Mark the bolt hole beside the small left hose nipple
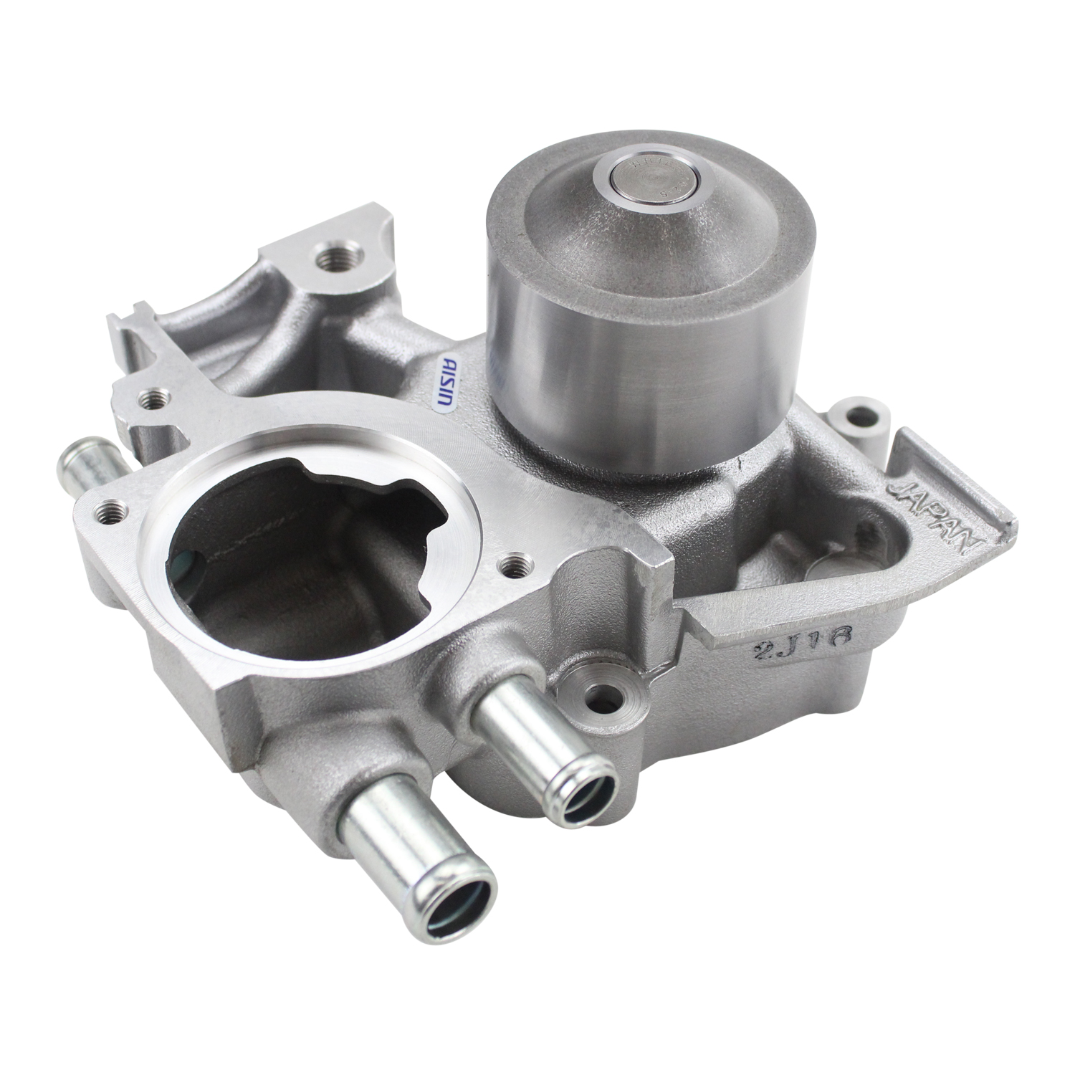[112, 510]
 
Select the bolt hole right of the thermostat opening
[513, 567]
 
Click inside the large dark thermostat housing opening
[287, 566]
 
